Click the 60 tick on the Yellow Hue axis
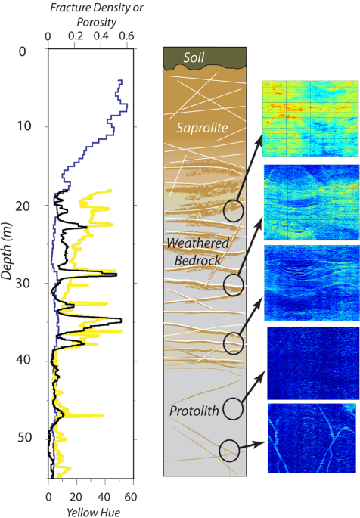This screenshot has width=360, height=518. (x=129, y=496)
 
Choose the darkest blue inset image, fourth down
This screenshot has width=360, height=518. (x=310, y=361)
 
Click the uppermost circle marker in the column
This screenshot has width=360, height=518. (x=234, y=211)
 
